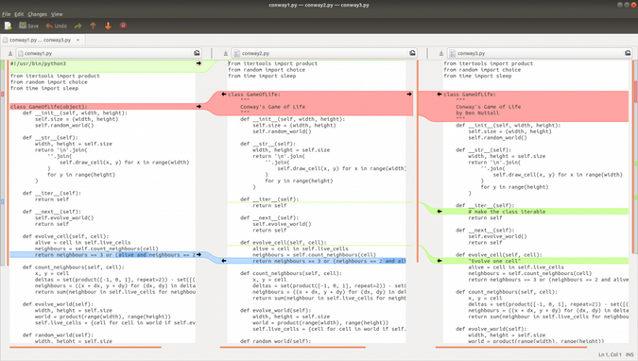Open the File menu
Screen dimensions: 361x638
[7, 14]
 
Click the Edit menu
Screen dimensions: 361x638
[19, 14]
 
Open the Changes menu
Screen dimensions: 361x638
[37, 14]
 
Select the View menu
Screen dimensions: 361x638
[57, 14]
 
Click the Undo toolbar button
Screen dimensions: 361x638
[56, 26]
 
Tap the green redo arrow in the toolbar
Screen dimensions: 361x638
[78, 26]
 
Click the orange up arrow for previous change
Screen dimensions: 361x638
[93, 26]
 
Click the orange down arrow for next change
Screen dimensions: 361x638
[108, 26]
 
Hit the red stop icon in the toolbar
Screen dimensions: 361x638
[123, 26]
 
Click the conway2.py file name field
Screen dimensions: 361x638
[312, 54]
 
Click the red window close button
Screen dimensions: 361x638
[631, 5]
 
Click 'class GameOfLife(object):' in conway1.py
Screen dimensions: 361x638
[49, 107]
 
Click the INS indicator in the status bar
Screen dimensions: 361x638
[629, 354]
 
